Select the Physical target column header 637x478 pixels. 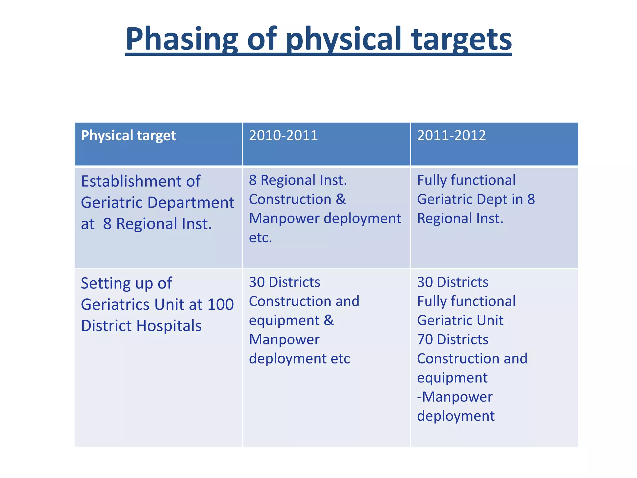pos(128,136)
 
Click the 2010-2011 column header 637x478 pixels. pos(283,136)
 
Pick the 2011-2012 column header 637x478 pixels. pos(451,136)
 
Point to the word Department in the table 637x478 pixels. pos(190,203)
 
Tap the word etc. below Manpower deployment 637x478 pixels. pos(260,238)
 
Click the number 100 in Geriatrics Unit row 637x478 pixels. pos(220,304)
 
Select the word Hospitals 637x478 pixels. pos(169,326)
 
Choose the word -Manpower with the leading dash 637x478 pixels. pos(454,397)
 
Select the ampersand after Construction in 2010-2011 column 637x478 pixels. pos(341,199)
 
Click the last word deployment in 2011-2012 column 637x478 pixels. pos(456,416)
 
